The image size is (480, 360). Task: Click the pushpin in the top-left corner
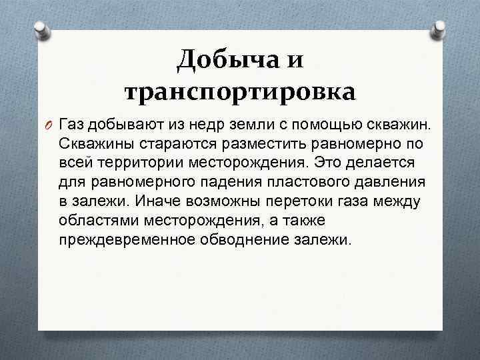pos(41,29)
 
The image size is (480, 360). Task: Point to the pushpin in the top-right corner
pos(440,29)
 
